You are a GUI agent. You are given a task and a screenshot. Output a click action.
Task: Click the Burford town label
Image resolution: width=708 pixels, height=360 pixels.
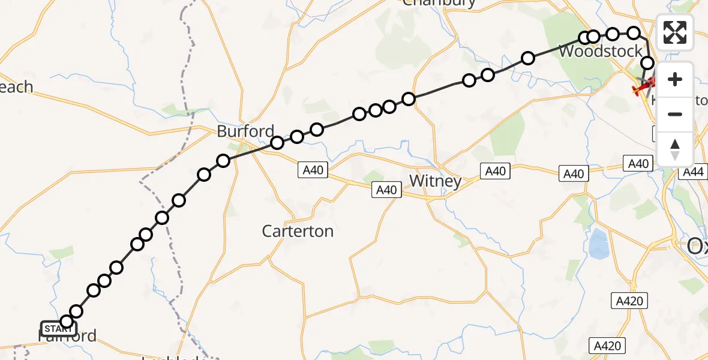coord(246,131)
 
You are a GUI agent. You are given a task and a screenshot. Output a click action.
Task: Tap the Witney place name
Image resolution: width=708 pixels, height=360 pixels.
coord(435,181)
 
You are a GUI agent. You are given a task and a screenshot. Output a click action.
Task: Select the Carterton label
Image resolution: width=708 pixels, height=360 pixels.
coord(298,231)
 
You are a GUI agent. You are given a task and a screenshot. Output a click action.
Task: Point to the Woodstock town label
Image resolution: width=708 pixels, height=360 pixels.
coord(601,52)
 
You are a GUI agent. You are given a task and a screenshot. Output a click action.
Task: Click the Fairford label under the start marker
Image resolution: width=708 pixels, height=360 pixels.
coord(67,336)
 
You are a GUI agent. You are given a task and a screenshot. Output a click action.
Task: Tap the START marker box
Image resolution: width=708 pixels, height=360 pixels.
coord(58,329)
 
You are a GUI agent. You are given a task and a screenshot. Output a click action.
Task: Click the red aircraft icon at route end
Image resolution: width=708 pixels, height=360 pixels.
coord(644,89)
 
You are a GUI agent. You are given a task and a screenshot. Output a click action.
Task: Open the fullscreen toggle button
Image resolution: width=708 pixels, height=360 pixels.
coord(675,32)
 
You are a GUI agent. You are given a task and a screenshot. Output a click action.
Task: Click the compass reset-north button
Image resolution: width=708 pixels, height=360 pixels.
coord(675,149)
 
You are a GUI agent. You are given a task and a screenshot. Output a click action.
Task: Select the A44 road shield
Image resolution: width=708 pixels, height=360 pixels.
coord(693,173)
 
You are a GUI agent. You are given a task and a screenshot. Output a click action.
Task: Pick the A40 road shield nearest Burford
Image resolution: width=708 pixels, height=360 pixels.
coord(313,170)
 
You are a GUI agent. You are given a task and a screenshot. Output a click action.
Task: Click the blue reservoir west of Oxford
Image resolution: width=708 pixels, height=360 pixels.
coord(599,244)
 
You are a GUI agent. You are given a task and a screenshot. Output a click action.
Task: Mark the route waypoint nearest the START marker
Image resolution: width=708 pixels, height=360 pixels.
coord(67,322)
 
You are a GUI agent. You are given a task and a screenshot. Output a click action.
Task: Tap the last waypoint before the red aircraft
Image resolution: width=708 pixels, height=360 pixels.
coord(647,63)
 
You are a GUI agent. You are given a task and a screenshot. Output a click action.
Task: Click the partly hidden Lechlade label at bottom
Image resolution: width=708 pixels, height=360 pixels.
coord(174,358)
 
